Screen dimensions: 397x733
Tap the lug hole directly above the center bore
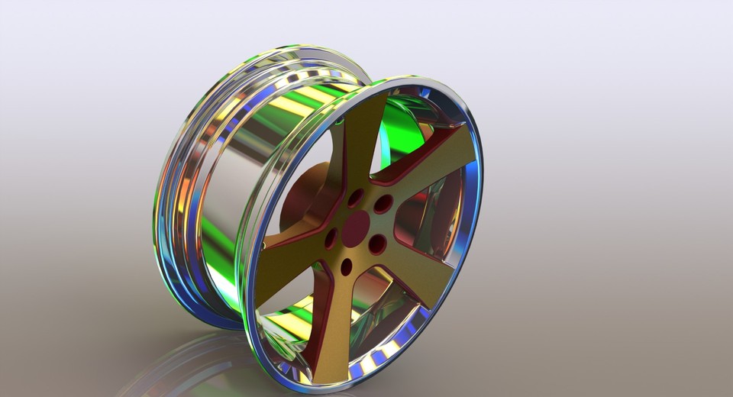point(355,197)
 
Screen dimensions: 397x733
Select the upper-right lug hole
point(383,204)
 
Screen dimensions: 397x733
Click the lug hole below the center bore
point(347,267)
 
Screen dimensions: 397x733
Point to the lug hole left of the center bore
point(331,238)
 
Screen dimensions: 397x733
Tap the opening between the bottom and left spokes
point(283,305)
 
